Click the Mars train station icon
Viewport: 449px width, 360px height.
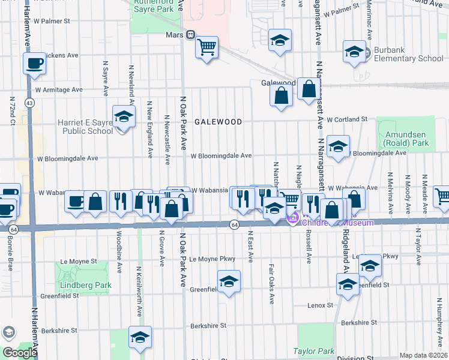190,34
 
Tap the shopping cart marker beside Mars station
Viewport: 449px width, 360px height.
206,46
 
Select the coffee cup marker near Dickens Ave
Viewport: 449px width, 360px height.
34,63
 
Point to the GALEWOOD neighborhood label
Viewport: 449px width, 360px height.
218,122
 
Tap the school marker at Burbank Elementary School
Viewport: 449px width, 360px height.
354,52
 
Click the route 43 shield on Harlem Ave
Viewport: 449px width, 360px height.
29,103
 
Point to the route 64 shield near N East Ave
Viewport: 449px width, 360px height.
235,224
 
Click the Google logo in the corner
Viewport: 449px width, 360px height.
19,353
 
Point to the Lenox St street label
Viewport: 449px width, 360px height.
320,305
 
